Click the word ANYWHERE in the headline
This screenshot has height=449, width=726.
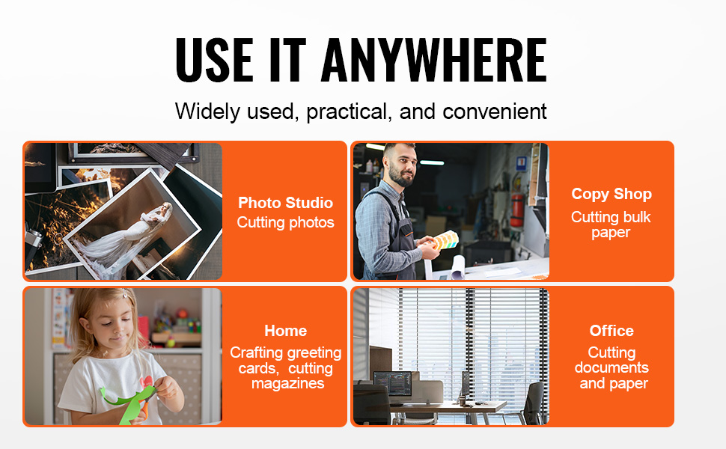point(434,60)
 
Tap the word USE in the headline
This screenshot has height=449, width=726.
point(214,60)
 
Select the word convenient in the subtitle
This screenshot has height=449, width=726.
point(495,112)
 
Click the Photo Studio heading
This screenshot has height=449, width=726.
point(285,203)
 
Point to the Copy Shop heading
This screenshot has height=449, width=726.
point(611,194)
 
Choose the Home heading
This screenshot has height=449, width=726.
point(285,331)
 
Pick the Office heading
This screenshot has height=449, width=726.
point(611,331)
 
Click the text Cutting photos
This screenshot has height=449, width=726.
point(285,223)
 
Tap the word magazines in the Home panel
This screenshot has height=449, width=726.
point(287,384)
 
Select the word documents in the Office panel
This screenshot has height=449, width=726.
point(611,367)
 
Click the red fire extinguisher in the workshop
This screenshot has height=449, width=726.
point(516,210)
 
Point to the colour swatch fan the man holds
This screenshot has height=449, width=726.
point(445,240)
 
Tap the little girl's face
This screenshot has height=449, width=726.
point(112,323)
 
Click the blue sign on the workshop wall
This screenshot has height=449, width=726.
point(522,163)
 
